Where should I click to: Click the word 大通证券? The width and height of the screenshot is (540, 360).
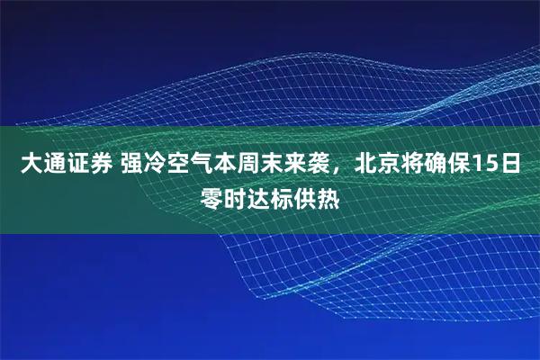(x=66, y=165)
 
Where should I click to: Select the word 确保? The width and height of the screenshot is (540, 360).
(x=441, y=165)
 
